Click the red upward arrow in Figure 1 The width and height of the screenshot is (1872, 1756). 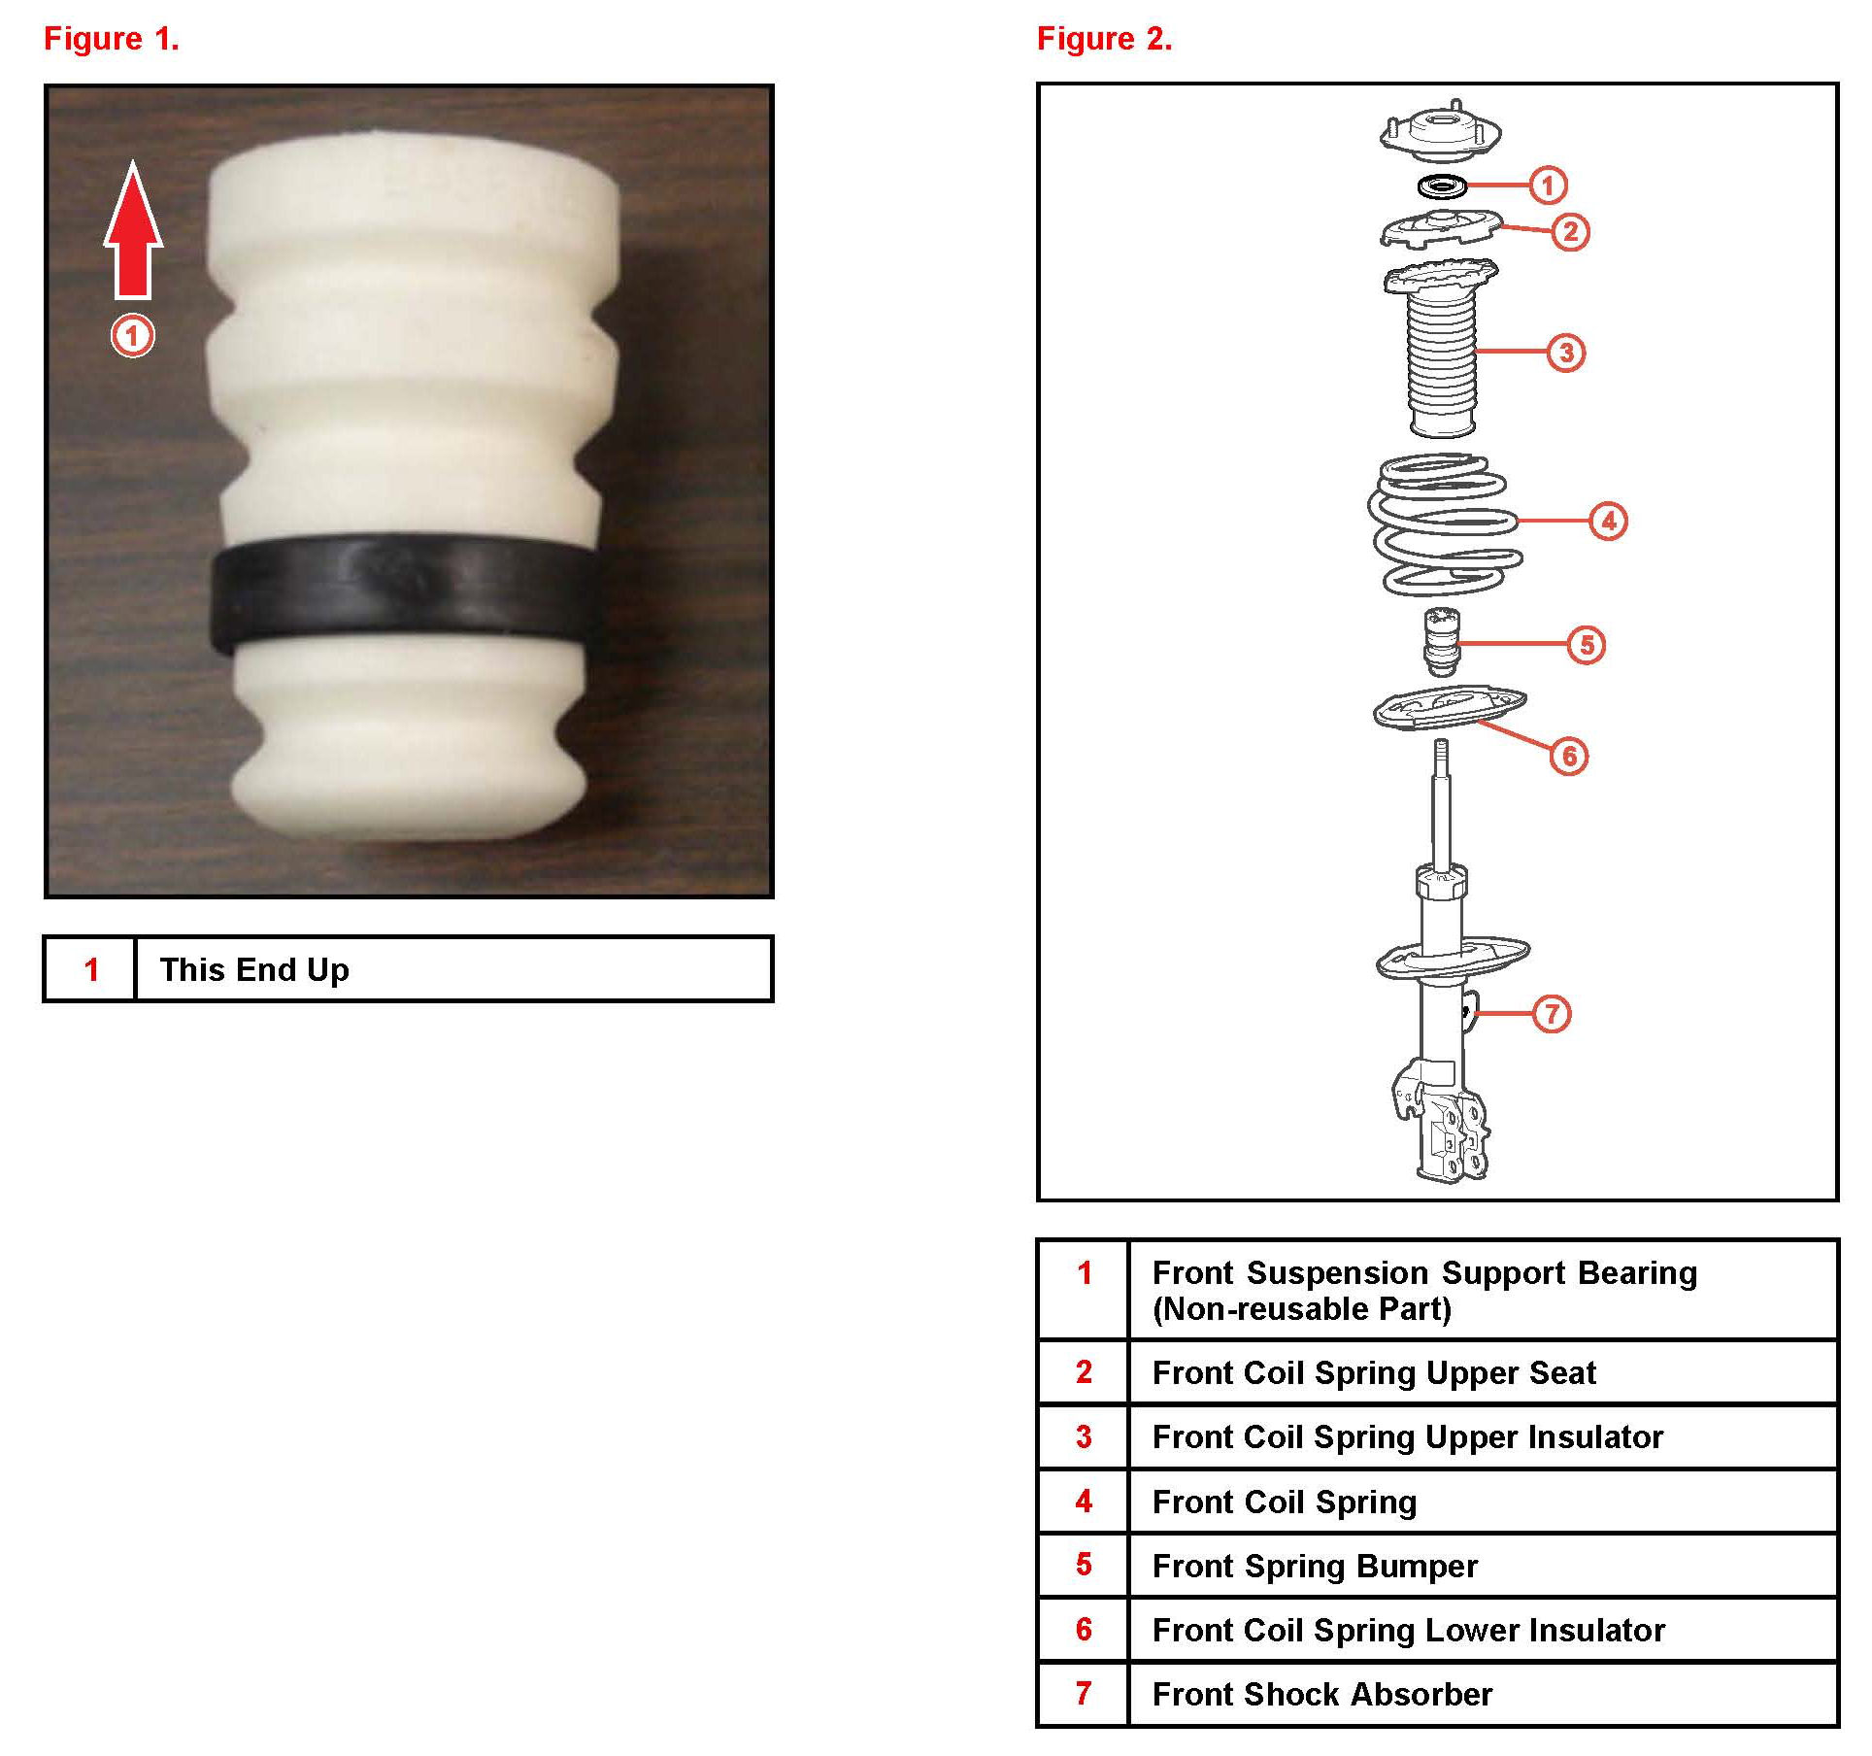point(133,231)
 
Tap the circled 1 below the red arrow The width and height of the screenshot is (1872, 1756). point(132,336)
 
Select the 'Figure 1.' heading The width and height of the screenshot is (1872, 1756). point(112,39)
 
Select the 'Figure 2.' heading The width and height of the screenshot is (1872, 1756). point(1105,39)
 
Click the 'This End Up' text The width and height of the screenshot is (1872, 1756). point(254,969)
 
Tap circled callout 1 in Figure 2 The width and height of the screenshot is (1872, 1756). point(1548,185)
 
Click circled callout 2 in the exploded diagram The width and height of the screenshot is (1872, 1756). point(1571,232)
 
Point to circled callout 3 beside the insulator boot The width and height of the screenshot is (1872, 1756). point(1566,353)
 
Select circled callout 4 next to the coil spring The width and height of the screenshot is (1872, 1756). point(1609,522)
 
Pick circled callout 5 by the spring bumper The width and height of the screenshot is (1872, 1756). point(1587,645)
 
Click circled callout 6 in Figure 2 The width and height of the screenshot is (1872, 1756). point(1570,756)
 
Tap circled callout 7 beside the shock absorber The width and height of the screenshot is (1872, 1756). point(1552,1014)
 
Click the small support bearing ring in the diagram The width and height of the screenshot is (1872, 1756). point(1441,185)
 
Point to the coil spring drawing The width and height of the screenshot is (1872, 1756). point(1444,524)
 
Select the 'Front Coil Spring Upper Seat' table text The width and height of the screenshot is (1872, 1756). point(1374,1372)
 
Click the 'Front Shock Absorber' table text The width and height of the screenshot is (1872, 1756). point(1322,1694)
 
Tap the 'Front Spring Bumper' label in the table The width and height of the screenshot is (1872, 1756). point(1315,1566)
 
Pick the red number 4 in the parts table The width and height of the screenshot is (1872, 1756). point(1085,1502)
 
